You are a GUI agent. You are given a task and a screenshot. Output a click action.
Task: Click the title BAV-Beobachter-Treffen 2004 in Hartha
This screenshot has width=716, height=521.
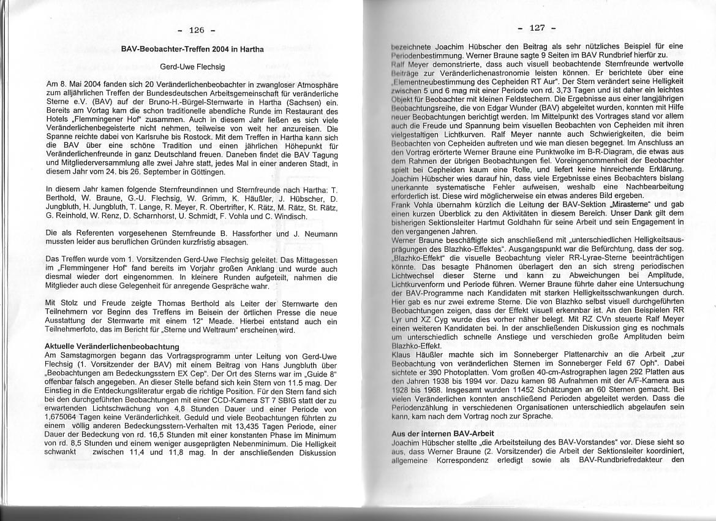point(192,49)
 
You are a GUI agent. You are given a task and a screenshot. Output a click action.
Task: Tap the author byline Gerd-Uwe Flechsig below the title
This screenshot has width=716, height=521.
point(192,66)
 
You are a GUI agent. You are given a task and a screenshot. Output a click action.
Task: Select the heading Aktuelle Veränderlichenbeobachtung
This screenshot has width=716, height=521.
point(112,346)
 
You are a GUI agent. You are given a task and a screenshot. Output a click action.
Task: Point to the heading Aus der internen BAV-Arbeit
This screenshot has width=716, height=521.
point(434,433)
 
